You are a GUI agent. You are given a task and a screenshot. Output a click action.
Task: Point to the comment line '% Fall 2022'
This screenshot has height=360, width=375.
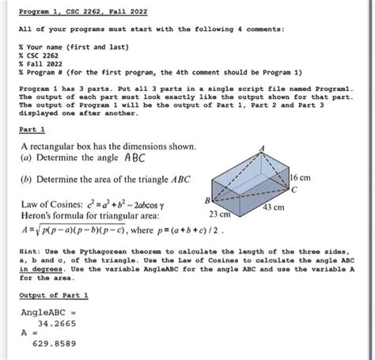(42, 66)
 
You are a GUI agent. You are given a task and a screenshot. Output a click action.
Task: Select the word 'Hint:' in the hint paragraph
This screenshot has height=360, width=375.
(30, 250)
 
